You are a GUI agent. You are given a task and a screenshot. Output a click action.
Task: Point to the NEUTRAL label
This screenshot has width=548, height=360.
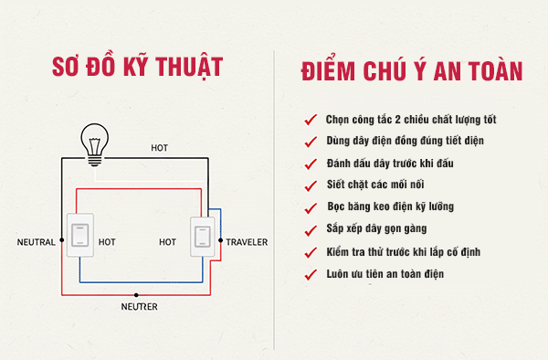37,242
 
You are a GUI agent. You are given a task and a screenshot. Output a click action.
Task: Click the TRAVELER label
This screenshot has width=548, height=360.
247,242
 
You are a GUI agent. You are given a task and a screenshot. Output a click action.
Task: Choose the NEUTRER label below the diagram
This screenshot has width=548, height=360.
140,308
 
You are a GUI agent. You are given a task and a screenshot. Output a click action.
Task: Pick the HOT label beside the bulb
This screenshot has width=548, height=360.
160,148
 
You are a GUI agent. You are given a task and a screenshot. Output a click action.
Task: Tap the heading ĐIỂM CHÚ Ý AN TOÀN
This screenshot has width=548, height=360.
411,70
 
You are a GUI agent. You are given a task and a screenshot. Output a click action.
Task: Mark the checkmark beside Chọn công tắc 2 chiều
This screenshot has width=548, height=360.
311,121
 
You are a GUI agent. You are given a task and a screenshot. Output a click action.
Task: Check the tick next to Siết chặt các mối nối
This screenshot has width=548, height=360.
311,185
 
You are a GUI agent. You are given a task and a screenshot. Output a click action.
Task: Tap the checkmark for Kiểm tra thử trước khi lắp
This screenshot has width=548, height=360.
311,251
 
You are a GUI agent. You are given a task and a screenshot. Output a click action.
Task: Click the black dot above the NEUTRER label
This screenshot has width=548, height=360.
137,295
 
